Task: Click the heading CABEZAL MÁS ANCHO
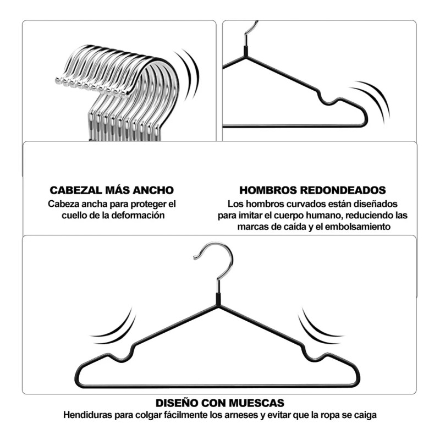[112, 190]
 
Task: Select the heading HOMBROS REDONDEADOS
[312, 190]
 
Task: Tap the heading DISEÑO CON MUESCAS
[220, 403]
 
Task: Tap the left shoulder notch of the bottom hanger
[130, 350]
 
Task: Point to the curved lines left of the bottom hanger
[115, 328]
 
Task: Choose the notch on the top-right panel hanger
[327, 100]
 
